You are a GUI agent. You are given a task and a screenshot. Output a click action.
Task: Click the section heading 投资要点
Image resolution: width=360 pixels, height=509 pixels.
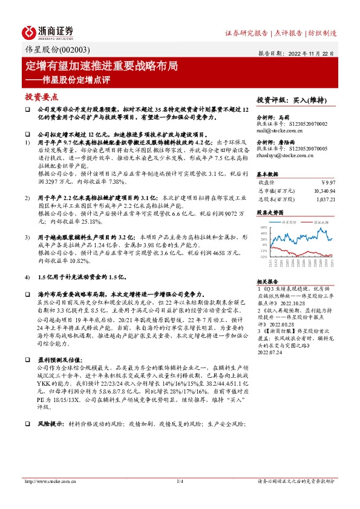(x=41, y=96)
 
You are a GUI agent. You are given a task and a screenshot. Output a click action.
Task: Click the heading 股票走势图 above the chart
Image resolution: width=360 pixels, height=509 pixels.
(x=269, y=213)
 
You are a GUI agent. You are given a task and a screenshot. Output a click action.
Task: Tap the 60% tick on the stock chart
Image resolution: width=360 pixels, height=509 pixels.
(x=264, y=227)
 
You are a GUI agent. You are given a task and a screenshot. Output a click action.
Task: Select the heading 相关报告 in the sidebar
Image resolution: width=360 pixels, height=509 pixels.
(x=267, y=282)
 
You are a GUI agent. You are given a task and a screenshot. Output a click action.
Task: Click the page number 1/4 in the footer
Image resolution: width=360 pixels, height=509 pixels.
(x=180, y=481)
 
